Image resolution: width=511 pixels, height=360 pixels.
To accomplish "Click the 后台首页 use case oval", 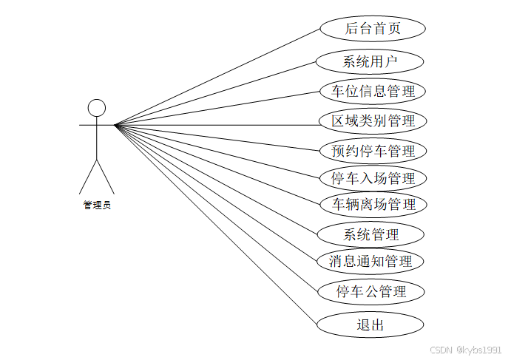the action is (x=373, y=29).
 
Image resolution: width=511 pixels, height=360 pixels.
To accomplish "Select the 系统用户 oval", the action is (x=370, y=61).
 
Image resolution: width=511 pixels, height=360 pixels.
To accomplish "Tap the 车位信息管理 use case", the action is (x=373, y=92).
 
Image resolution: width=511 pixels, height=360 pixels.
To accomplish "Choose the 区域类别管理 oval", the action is (x=373, y=120).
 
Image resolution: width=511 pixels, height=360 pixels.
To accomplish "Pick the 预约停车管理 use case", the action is (x=373, y=151).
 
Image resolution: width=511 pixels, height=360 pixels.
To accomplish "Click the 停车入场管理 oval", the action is (x=373, y=178).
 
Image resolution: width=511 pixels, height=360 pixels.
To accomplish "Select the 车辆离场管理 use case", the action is (x=373, y=204).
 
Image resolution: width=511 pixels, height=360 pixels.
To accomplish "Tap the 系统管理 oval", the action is (x=370, y=235).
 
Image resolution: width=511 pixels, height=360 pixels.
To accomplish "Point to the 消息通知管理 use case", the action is (x=370, y=261).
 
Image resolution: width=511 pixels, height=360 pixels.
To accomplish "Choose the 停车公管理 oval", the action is (x=371, y=292).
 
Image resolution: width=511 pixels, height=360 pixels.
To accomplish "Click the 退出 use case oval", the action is (x=370, y=325).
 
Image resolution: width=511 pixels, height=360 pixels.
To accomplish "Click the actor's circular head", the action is (x=97, y=108).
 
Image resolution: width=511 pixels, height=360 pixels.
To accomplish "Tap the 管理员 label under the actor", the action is (x=97, y=206).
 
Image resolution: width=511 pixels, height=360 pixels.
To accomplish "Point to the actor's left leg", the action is (x=88, y=177).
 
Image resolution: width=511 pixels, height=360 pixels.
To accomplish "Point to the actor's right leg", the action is (x=106, y=177).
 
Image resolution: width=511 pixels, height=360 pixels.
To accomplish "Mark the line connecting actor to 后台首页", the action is (x=218, y=77).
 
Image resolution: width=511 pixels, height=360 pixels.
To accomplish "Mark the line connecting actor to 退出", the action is (x=216, y=224).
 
